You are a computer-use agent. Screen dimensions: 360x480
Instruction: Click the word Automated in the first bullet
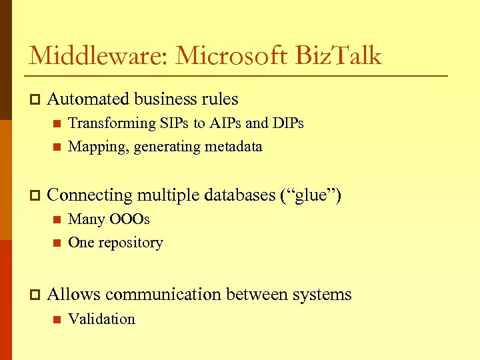(x=89, y=99)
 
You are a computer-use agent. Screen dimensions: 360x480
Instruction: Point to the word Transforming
(x=111, y=123)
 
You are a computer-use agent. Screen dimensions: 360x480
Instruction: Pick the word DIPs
(x=287, y=123)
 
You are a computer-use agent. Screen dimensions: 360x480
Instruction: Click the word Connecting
(x=90, y=195)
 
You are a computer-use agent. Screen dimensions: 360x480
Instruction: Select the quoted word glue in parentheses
(x=315, y=195)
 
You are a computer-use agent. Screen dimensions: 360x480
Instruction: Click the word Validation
(x=101, y=319)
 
